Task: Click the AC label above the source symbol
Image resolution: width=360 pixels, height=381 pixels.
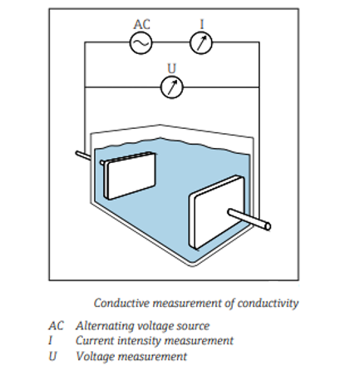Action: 141,24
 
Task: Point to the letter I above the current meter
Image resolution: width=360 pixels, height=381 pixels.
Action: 202,24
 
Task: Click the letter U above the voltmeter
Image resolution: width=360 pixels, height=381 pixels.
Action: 172,68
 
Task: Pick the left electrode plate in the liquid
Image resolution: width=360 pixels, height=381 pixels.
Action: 128,176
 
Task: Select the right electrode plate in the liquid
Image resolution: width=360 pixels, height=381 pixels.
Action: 217,212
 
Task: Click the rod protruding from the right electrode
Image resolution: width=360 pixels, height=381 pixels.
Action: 249,220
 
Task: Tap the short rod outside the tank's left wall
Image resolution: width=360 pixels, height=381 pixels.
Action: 83,156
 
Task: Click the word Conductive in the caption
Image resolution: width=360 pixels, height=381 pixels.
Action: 121,303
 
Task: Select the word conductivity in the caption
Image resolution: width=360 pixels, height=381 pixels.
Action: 268,304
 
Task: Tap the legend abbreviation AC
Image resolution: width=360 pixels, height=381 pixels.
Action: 56,326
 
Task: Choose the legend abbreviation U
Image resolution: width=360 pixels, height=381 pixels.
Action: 52,356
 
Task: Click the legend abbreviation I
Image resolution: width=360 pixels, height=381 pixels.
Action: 50,340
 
